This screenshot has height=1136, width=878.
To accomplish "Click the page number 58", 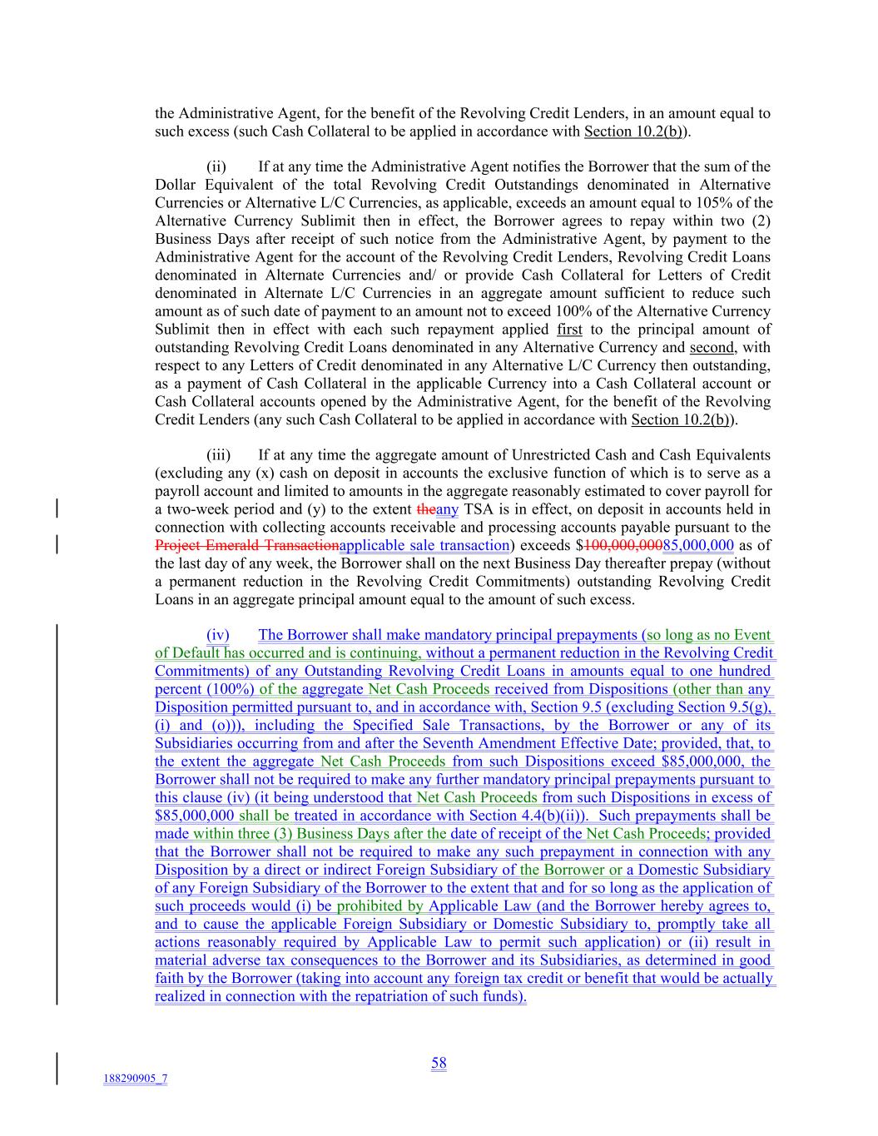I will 439,1063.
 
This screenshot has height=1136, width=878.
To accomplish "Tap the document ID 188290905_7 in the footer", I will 135,1079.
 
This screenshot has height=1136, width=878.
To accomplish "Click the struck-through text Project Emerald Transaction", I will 247,546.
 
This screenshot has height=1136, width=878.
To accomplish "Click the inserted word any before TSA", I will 447,509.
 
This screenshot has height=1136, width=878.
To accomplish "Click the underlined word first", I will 569,330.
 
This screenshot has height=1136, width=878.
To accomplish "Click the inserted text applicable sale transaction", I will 424,546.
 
